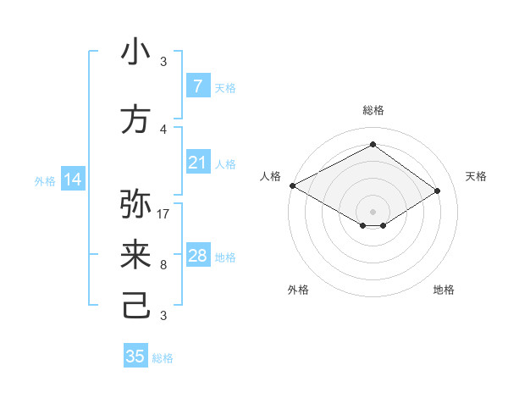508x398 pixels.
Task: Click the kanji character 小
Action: (135, 53)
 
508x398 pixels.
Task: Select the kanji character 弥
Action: (135, 204)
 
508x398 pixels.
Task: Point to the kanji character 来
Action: (135, 256)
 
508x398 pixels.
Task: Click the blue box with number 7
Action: (197, 86)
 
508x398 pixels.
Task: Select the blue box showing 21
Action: (197, 163)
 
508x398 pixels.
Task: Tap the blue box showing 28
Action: (197, 256)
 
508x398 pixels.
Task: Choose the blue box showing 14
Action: (73, 180)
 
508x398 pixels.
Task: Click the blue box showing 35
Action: (135, 357)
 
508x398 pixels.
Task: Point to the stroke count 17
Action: (163, 213)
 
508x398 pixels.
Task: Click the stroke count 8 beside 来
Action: (163, 265)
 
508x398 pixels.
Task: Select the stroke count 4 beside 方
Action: (163, 130)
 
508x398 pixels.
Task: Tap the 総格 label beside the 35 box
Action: (163, 358)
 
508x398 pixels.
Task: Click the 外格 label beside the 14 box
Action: (45, 180)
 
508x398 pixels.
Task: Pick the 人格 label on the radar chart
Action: (270, 176)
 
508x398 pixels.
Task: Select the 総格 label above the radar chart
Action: (373, 110)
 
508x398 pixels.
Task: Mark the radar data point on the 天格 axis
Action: (438, 191)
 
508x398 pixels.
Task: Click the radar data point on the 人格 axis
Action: (292, 185)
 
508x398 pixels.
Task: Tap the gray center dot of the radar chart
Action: (373, 211)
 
